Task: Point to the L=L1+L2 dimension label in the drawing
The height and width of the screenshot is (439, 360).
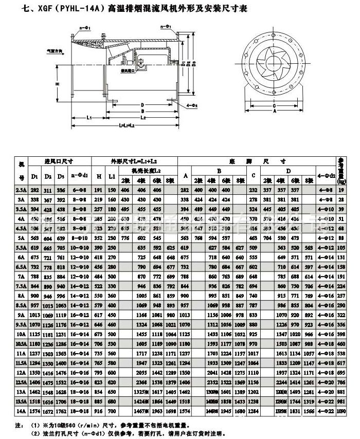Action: (x=127, y=125)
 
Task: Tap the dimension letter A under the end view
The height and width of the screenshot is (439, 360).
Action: (x=274, y=111)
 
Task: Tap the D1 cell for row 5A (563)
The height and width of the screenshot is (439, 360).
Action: (x=35, y=238)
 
